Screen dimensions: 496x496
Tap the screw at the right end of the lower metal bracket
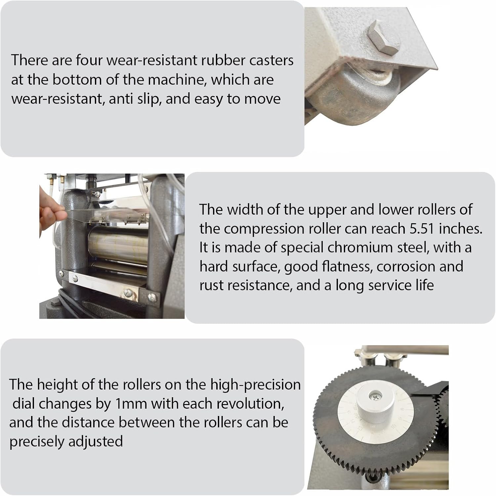[x=152, y=297]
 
